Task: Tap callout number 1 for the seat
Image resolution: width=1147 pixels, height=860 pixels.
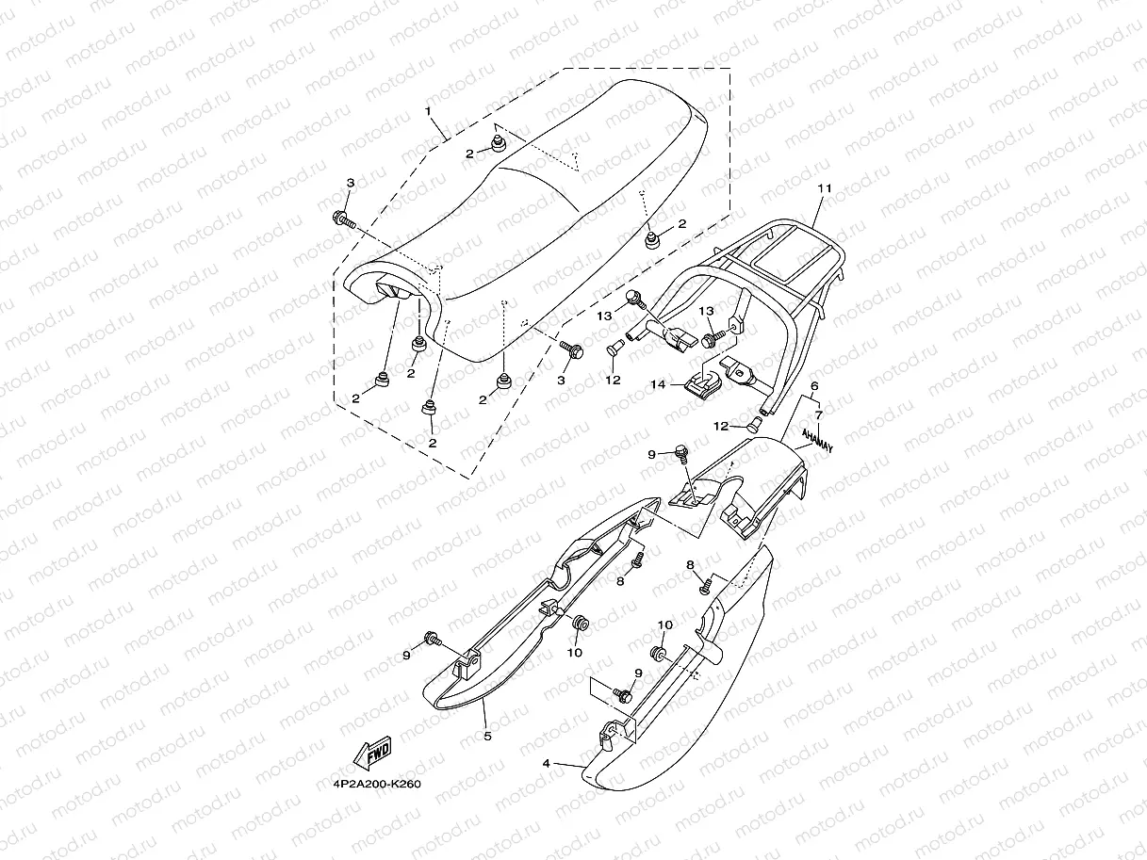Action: tap(428, 111)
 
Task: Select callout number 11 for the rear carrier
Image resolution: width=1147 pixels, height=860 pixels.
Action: tap(824, 188)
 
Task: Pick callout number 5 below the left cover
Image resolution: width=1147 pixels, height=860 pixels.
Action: tap(487, 735)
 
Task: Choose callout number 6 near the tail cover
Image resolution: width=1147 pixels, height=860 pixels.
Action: tap(814, 386)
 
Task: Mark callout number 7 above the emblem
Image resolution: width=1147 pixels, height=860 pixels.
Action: tap(819, 414)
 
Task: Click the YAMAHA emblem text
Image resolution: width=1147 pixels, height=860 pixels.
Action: tap(817, 439)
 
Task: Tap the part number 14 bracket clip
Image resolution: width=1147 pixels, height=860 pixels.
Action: tap(703, 383)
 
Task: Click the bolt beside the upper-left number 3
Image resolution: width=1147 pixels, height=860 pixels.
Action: tap(342, 221)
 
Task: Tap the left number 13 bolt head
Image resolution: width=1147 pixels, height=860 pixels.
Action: tap(635, 299)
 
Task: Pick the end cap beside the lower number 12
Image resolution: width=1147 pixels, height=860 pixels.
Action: tap(755, 425)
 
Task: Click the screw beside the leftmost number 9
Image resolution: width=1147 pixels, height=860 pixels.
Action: tap(434, 640)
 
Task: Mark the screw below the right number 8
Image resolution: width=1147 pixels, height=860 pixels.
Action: tap(704, 588)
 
